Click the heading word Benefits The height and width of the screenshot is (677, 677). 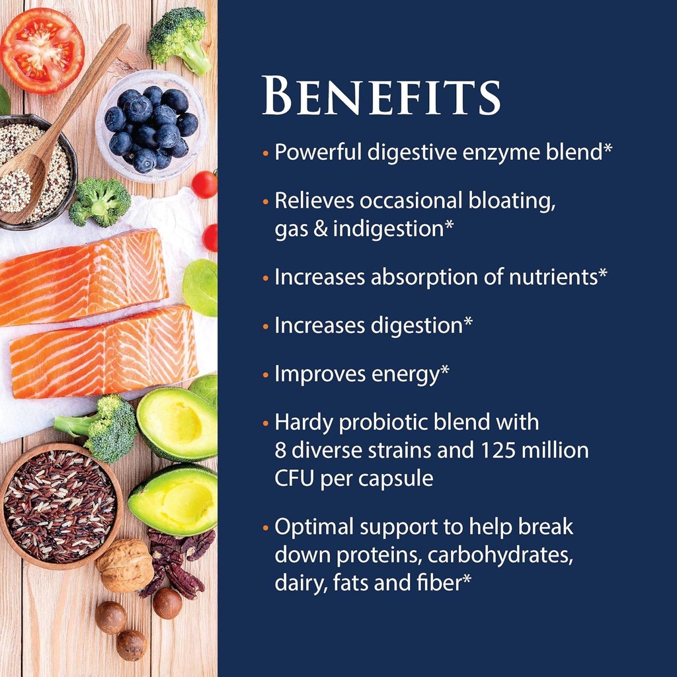tap(381, 97)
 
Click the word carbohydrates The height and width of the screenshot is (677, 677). tap(500, 555)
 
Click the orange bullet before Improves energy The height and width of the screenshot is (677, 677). tap(265, 375)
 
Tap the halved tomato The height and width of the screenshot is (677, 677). tap(41, 50)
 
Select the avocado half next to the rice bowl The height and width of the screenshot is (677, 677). tap(174, 499)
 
